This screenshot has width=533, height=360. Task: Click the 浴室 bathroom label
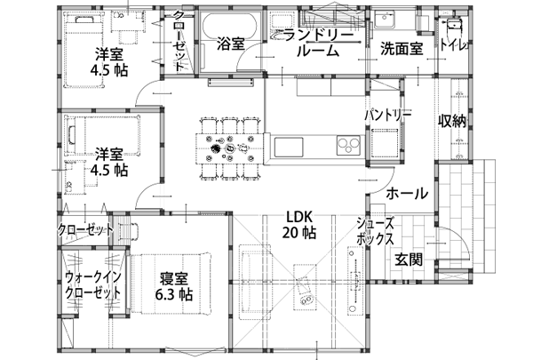point(231,44)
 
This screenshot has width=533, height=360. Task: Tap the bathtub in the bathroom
point(229,27)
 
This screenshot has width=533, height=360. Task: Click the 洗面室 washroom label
point(402,49)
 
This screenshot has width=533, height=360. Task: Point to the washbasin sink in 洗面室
point(386,19)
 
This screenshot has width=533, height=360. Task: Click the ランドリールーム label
point(318,44)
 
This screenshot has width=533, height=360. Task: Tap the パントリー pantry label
point(388,115)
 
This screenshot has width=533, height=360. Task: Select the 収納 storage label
point(452,121)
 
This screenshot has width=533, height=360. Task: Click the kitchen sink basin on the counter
point(289,147)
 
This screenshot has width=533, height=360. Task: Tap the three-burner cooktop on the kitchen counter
point(348,145)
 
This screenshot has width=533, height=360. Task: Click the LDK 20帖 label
point(299,225)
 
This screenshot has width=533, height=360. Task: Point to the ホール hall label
point(407,193)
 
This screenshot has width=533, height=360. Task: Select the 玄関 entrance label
point(409,260)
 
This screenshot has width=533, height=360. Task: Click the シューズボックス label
point(375,231)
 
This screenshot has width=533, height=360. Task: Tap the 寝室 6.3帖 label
point(174,287)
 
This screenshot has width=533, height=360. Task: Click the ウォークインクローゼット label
point(92,285)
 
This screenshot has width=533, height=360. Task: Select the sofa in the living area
point(255,282)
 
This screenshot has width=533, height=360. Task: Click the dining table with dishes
point(230,148)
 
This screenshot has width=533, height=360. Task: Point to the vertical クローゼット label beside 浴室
point(179,41)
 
